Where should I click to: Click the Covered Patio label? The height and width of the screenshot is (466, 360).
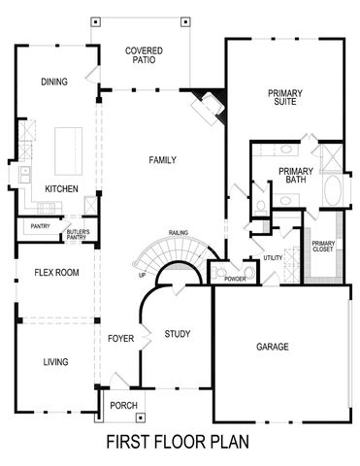click(144, 54)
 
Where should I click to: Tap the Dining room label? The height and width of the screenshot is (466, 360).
click(54, 82)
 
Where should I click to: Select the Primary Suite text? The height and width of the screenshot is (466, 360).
click(285, 98)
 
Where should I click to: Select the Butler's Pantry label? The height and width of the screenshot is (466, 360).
click(79, 234)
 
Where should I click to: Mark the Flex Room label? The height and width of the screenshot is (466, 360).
click(50, 273)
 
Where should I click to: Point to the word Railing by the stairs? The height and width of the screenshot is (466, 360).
click(178, 233)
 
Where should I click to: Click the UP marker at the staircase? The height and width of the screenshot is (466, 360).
click(142, 275)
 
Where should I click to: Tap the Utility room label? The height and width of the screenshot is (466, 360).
click(272, 258)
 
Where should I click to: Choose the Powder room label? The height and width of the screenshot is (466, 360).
click(234, 280)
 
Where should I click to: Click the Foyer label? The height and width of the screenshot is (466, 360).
click(119, 340)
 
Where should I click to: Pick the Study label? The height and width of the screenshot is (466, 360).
click(176, 334)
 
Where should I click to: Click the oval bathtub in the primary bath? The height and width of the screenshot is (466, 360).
click(334, 188)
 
